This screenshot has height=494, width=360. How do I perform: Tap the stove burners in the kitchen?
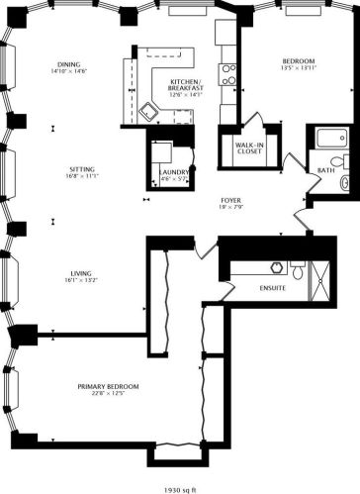click(227, 75)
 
